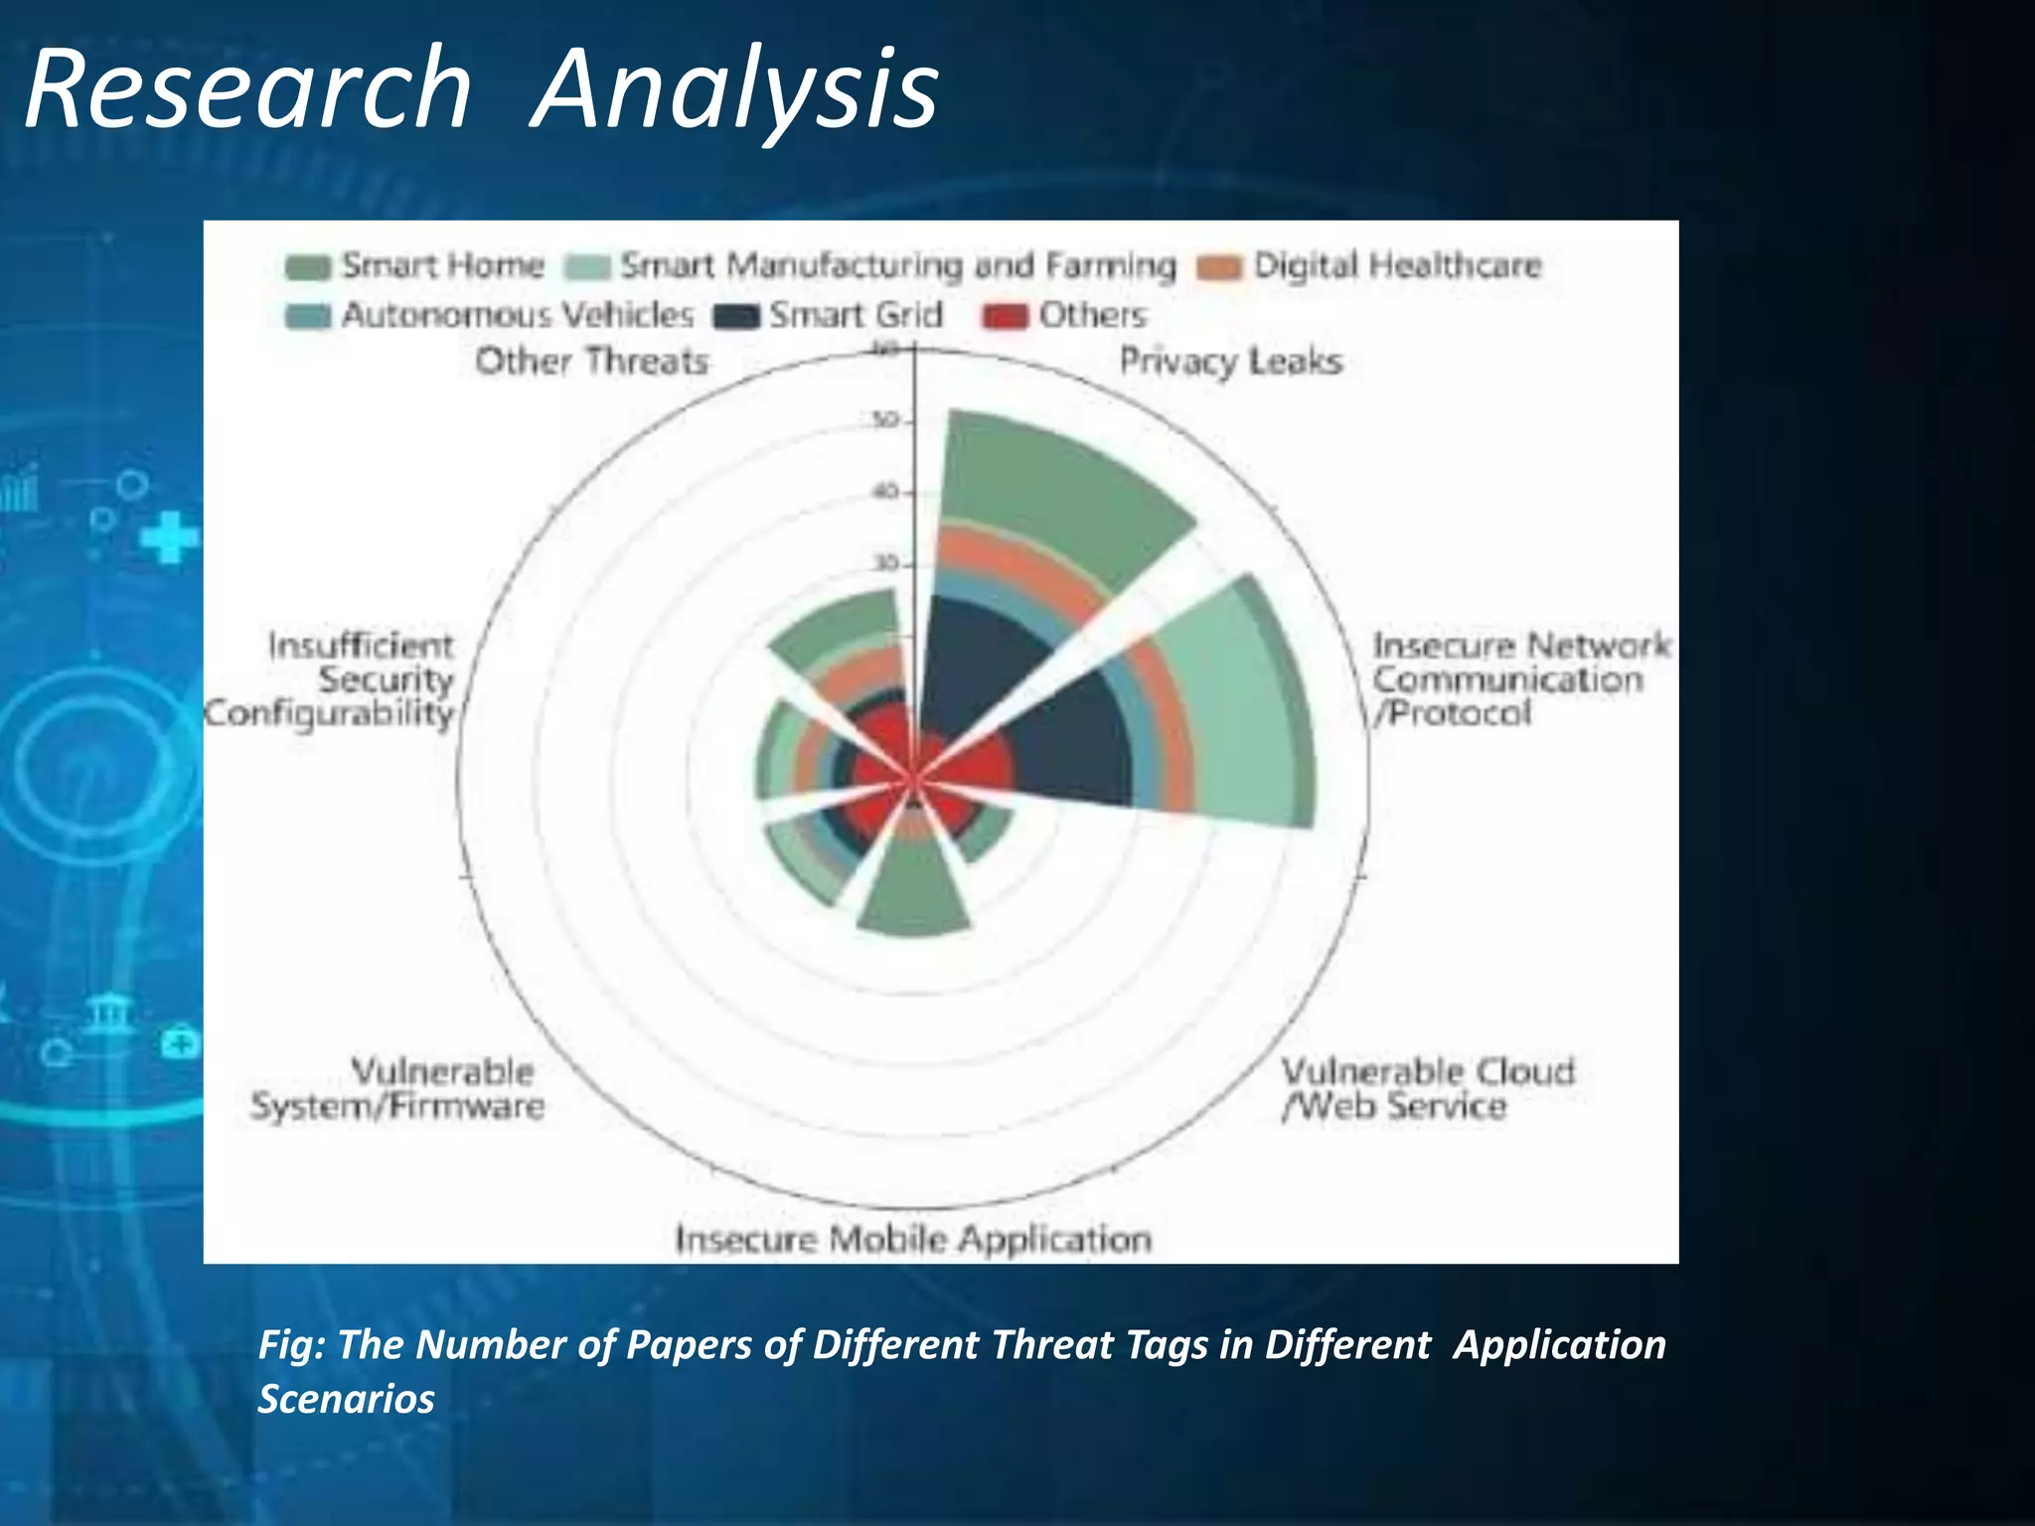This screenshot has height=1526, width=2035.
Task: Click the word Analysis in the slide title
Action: coord(735,91)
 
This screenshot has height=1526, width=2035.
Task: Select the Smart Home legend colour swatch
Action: coord(307,267)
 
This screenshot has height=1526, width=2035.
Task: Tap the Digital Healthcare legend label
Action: coord(1396,265)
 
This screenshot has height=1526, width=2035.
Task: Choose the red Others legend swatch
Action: coord(1005,316)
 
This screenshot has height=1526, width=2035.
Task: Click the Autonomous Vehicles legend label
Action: coord(517,315)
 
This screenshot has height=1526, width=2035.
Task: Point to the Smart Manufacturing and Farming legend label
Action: coord(897,265)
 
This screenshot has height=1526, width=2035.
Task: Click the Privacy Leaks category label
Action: coord(1230,361)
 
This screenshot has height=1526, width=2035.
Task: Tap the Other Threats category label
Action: coord(591,361)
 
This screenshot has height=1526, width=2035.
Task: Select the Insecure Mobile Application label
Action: coord(912,1239)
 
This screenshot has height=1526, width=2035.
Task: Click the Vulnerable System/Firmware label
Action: coord(397,1089)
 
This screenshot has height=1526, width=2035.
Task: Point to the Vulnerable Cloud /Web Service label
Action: coord(1427,1089)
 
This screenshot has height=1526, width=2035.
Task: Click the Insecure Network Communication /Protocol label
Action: coord(1520,680)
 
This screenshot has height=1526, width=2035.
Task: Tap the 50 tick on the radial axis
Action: coord(884,420)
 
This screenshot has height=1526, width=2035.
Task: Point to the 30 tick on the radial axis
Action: coord(884,563)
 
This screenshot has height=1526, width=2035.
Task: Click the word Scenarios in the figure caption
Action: coord(346,1399)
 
